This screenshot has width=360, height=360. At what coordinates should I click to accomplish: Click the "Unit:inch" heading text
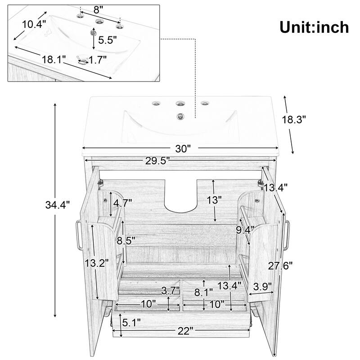coord(314,27)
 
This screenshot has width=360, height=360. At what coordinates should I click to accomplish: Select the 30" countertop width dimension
coord(183,148)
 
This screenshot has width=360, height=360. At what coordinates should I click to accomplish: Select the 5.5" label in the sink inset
coord(108,40)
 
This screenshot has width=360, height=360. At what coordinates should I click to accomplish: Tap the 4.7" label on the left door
coord(122,202)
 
